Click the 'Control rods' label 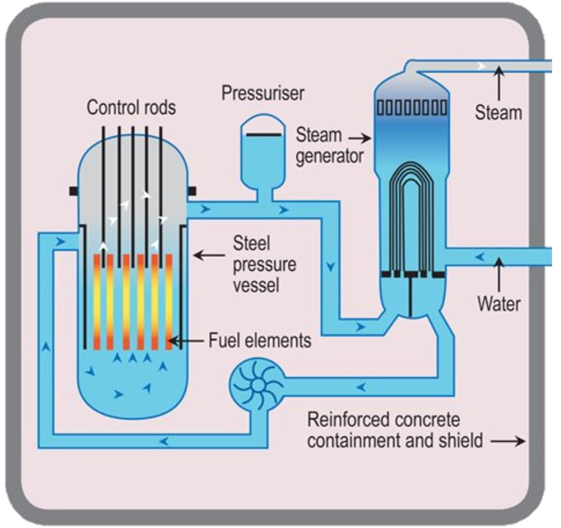[x=131, y=107]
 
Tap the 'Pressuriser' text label [x=263, y=93]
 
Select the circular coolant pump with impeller [x=256, y=381]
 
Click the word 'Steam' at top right [x=498, y=112]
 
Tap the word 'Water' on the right [x=499, y=304]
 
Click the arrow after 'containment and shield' [x=509, y=442]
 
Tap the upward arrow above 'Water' [x=499, y=272]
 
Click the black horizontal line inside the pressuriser [x=263, y=135]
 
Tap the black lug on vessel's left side [x=73, y=189]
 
